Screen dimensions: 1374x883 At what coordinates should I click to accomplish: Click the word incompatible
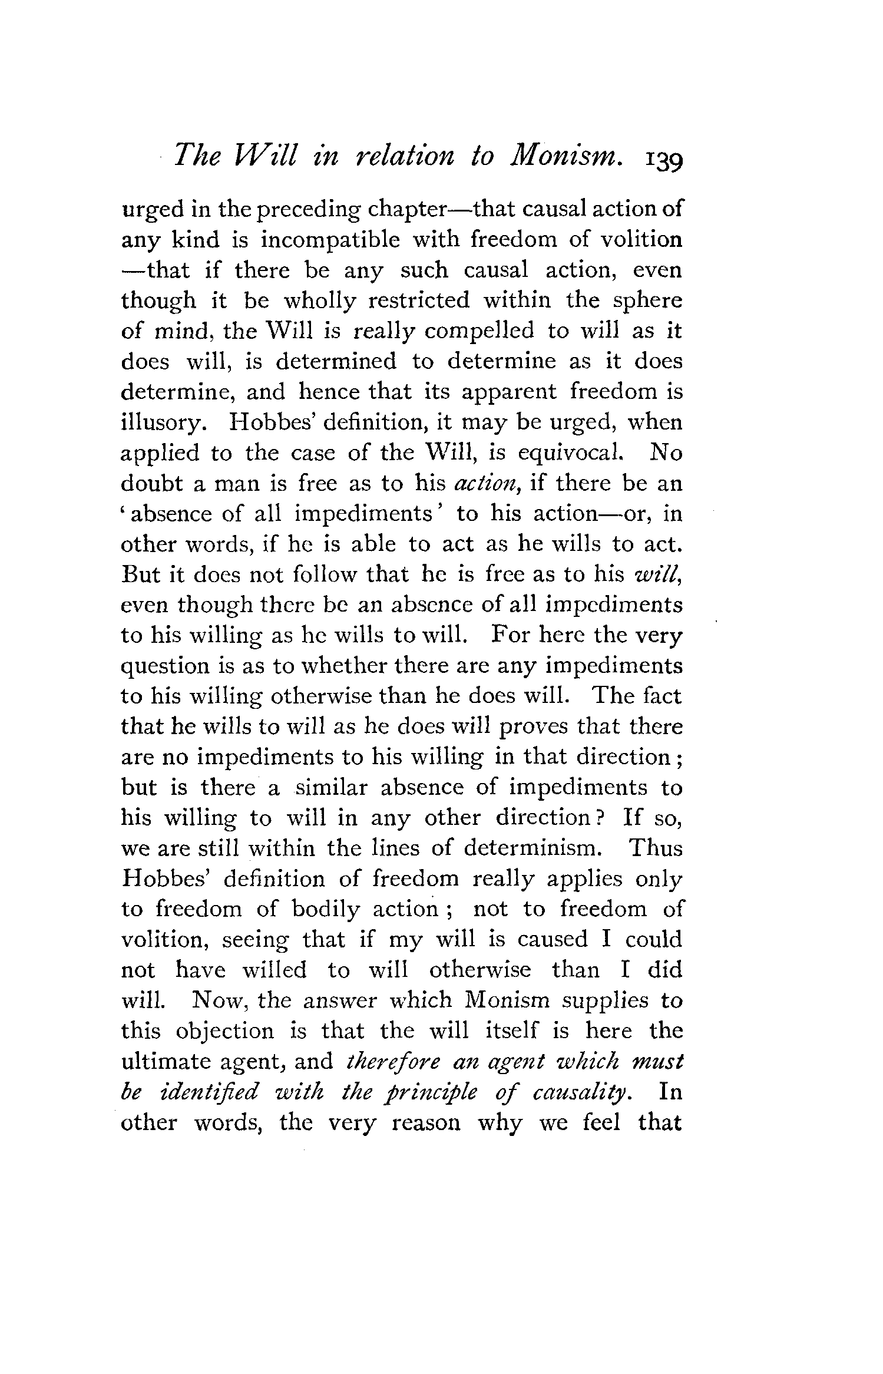[330, 240]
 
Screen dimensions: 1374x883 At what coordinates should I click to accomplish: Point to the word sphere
[647, 302]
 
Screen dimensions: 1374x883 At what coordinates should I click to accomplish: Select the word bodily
[325, 910]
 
